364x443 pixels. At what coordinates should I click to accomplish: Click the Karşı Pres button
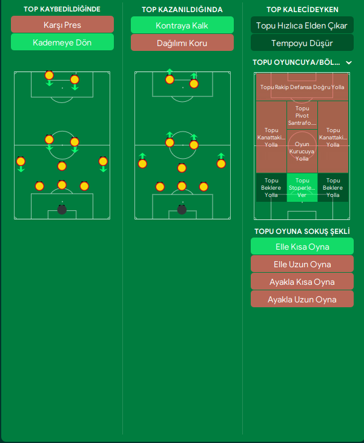[62, 25]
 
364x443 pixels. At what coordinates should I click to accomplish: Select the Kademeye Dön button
[62, 42]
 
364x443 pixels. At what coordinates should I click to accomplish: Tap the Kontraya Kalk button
[182, 25]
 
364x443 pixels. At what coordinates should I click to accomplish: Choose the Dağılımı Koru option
[182, 42]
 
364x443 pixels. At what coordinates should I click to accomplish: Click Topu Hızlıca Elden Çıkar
[302, 25]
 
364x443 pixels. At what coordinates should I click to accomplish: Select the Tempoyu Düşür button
[302, 42]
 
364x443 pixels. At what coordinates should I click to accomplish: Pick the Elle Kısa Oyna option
[302, 246]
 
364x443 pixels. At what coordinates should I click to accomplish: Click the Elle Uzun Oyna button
[302, 264]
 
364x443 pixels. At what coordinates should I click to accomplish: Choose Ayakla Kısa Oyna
[302, 282]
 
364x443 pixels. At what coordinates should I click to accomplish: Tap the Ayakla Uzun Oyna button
[302, 299]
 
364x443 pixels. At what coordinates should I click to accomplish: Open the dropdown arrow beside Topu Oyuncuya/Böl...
[348, 62]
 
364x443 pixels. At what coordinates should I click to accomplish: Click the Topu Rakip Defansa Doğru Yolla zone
[302, 87]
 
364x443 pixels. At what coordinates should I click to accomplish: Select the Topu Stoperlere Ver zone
[302, 187]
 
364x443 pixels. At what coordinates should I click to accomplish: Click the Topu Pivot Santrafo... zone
[302, 115]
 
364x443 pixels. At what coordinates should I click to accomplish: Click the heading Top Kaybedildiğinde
[62, 9]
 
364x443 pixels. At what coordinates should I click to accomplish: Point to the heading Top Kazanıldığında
[182, 10]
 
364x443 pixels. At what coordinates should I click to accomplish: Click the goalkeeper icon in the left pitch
[62, 210]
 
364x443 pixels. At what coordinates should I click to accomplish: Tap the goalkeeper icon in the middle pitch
[182, 210]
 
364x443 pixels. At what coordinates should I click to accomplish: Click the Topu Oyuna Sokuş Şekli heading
[302, 231]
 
